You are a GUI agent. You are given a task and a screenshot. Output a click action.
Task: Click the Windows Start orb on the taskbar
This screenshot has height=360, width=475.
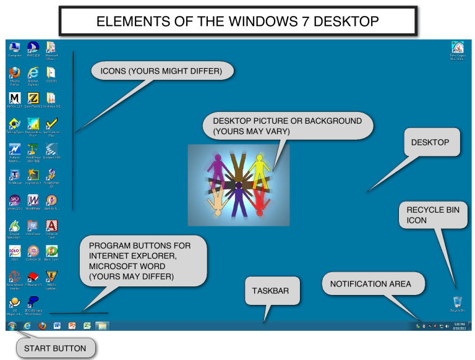12,325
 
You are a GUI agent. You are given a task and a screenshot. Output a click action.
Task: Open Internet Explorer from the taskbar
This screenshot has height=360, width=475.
27,325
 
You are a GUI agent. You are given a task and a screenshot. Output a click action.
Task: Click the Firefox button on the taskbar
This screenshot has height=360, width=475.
42,325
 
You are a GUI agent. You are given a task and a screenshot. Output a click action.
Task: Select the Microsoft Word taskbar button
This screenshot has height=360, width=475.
57,325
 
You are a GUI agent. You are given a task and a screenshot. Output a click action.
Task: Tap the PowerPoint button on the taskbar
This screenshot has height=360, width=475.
72,325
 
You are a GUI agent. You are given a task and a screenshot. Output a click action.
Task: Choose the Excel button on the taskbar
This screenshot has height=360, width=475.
87,325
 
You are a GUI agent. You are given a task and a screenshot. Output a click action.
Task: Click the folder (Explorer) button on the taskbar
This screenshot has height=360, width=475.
101,325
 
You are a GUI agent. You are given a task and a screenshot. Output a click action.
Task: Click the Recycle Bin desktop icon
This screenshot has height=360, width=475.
457,302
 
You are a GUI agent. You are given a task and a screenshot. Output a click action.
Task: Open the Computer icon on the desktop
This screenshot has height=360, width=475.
15,48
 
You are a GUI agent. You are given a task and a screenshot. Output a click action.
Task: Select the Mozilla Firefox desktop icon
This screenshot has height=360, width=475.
15,73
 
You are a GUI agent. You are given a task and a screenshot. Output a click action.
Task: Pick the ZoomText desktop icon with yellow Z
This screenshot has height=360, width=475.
33,98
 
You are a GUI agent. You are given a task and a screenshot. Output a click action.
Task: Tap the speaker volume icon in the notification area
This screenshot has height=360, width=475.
447,325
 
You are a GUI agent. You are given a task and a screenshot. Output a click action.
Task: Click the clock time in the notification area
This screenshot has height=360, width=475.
459,324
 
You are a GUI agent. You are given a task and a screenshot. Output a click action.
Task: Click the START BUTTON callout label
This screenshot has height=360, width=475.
55,348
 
